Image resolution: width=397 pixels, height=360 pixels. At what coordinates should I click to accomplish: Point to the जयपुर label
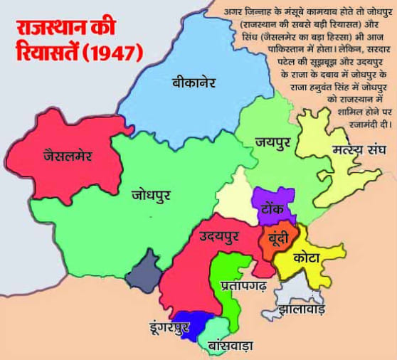[x=275, y=142]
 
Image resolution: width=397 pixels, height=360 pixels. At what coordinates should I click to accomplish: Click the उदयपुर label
[x=220, y=235]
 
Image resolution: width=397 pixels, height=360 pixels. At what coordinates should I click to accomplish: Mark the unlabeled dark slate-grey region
[x=144, y=270]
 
